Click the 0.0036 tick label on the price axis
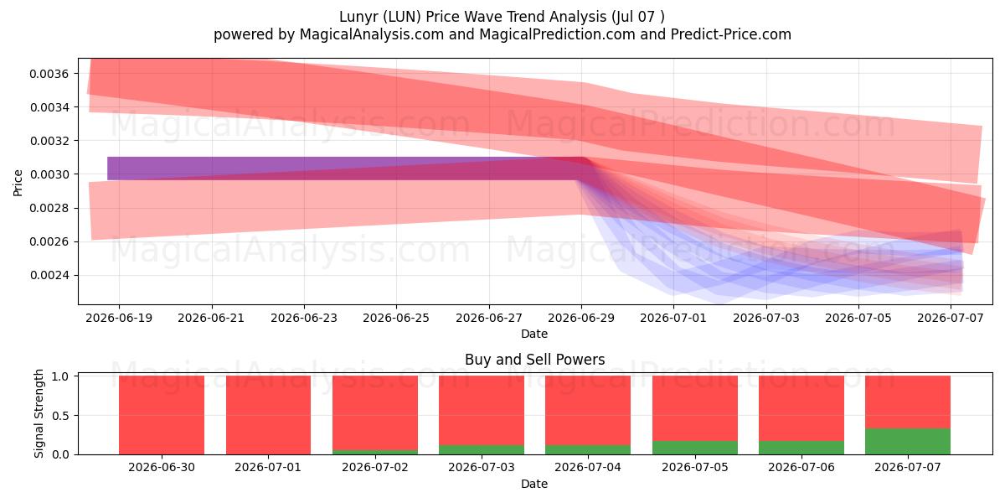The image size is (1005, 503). tap(49, 74)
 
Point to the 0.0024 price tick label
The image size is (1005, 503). tap(49, 275)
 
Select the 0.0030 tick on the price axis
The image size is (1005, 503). tap(49, 174)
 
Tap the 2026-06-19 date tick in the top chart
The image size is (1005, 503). tap(119, 318)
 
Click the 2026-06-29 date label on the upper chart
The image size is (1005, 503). tap(581, 318)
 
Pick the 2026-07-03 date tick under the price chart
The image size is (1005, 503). tap(765, 318)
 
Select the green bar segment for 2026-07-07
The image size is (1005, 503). tap(908, 442)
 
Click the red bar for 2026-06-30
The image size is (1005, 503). tap(162, 415)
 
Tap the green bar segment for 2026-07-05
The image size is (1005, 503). tap(695, 448)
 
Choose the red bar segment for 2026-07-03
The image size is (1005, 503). tap(482, 411)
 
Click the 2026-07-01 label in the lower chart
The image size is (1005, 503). tap(268, 467)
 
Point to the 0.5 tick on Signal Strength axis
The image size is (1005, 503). tap(60, 416)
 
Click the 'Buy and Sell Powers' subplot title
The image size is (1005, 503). tap(535, 360)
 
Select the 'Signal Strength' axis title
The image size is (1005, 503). tap(39, 413)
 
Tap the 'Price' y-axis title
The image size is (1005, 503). tap(18, 183)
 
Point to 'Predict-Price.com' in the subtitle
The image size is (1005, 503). tap(731, 34)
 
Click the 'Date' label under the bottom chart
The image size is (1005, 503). tap(534, 484)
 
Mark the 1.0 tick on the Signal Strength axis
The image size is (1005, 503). tap(60, 376)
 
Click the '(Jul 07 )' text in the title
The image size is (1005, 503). tap(638, 17)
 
